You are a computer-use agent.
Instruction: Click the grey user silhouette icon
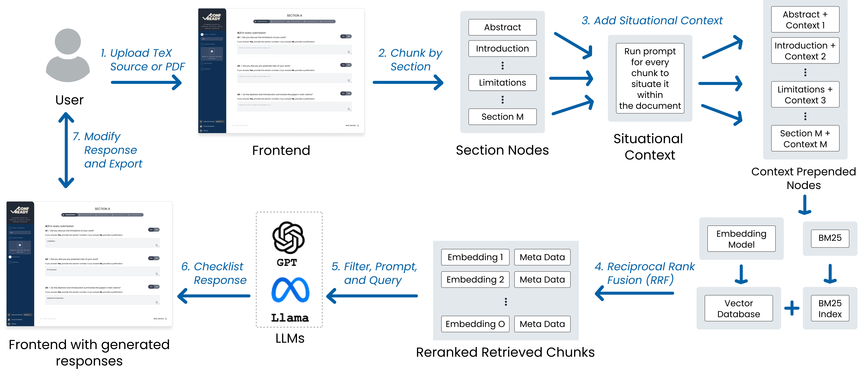point(68,55)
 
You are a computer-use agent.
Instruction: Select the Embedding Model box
point(741,239)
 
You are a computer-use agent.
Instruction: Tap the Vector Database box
point(739,308)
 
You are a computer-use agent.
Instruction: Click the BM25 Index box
point(830,308)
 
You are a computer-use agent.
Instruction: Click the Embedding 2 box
point(475,279)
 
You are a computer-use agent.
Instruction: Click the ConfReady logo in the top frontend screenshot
point(212,17)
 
